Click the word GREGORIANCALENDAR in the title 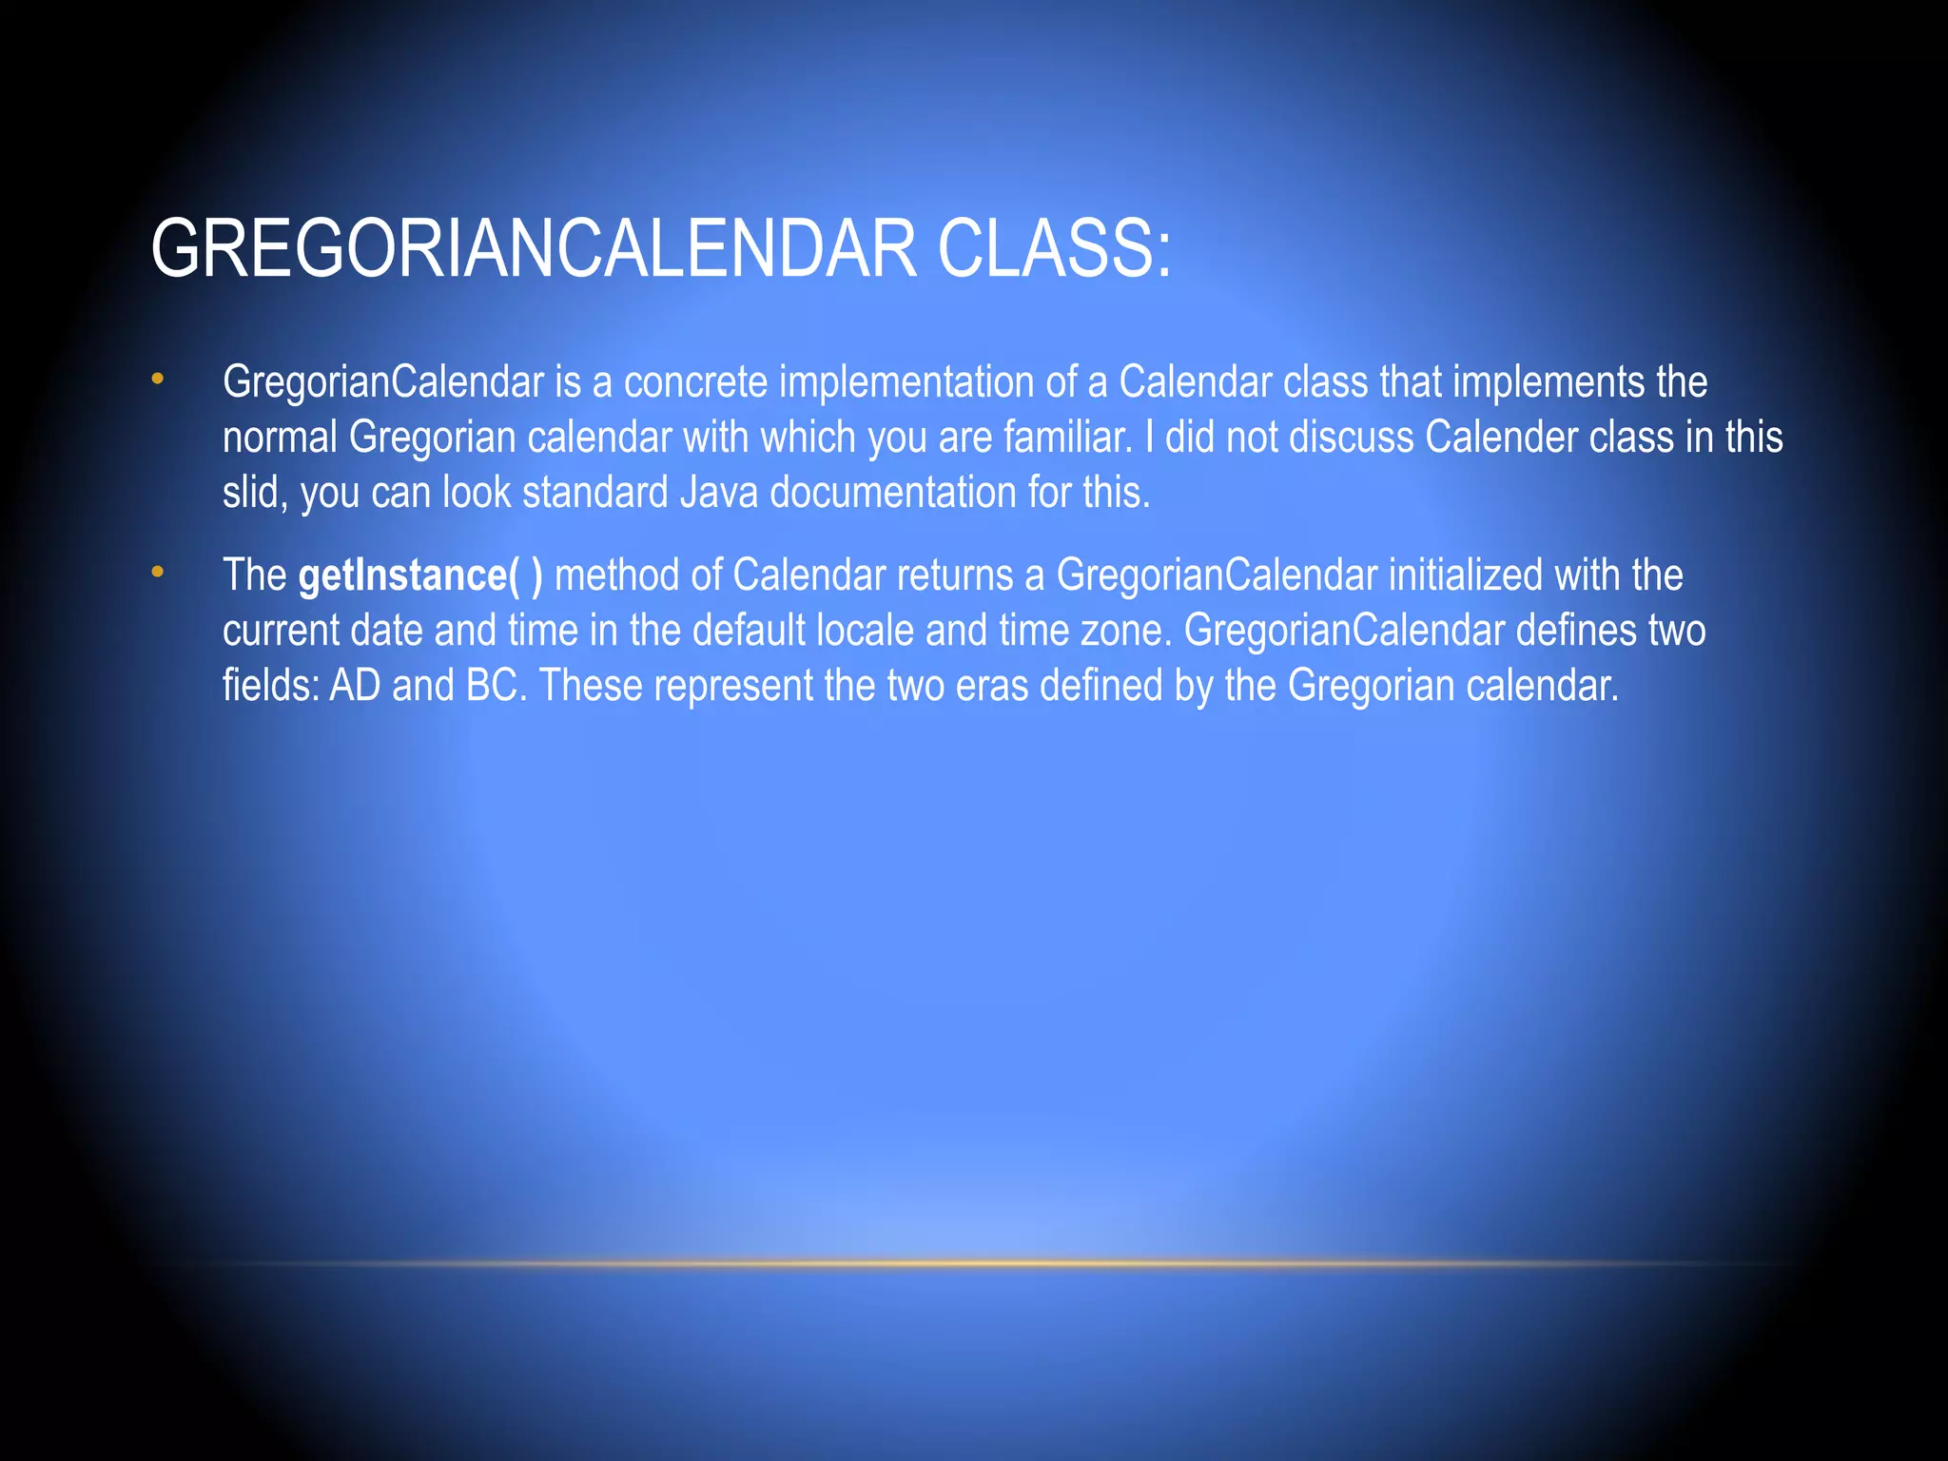534,249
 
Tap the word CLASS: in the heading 1055,249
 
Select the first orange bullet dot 157,380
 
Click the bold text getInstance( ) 420,575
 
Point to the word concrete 695,382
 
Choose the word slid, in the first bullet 255,493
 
